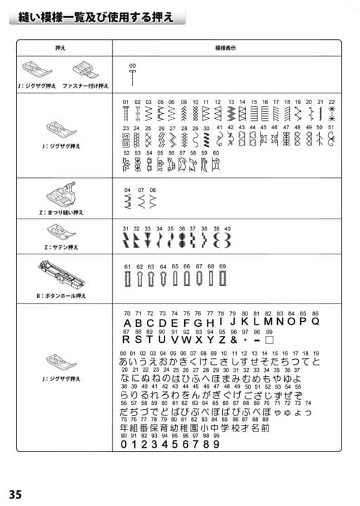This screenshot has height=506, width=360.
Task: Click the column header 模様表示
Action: (224, 48)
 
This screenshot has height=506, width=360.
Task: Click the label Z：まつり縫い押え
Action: (64, 210)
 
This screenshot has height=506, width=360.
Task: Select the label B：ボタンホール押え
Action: (63, 297)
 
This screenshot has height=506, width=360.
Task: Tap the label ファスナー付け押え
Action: (86, 86)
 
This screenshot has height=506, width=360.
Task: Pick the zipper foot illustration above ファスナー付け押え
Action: (84, 70)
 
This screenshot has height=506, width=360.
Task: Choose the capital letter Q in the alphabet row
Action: (316, 321)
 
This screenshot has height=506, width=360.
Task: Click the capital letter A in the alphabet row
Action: (128, 323)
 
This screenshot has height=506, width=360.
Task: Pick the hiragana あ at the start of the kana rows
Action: (125, 362)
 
